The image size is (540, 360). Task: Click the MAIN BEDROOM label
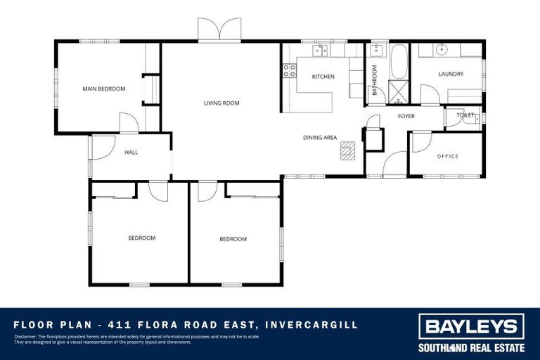[x=103, y=89]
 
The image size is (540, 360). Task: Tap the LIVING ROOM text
[x=221, y=103]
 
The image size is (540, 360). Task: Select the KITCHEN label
[x=323, y=77]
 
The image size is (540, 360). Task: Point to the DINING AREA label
[x=320, y=138]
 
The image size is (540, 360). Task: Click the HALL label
[x=131, y=153]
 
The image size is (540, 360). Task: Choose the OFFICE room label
[x=447, y=156]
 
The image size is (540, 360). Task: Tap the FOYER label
[x=406, y=116]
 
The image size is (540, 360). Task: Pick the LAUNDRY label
[x=451, y=74]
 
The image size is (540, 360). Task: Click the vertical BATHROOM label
[x=375, y=80]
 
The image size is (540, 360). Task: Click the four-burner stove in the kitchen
[x=288, y=70]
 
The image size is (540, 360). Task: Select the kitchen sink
[x=321, y=50]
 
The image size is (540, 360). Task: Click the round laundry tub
[x=441, y=49]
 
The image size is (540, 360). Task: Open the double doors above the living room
[x=219, y=30]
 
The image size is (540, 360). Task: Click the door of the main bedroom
[x=129, y=122]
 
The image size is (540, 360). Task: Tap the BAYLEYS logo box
[x=471, y=327]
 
